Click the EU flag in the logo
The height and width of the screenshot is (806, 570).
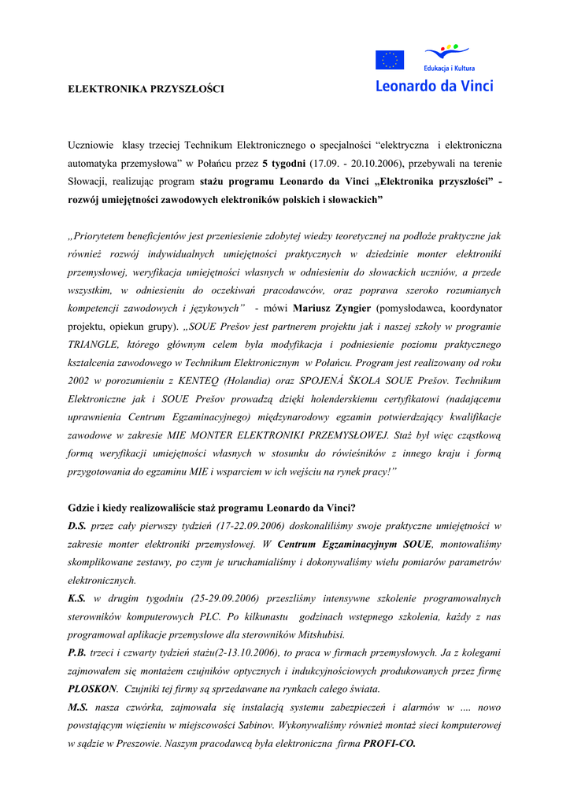[x=389, y=60]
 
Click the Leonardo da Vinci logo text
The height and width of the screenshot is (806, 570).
[x=434, y=85]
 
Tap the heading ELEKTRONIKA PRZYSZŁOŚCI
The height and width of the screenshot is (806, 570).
[x=146, y=89]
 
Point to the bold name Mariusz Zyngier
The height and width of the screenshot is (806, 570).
[x=332, y=308]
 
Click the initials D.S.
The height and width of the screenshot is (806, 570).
[x=77, y=526]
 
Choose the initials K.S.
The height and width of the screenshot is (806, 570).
[x=77, y=598]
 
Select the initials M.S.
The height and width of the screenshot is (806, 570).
[x=78, y=707]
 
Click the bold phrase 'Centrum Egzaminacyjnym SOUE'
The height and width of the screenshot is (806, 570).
[x=355, y=544]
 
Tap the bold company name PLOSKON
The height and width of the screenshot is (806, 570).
[x=93, y=689]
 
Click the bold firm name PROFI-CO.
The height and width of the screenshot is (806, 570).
[x=389, y=743]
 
